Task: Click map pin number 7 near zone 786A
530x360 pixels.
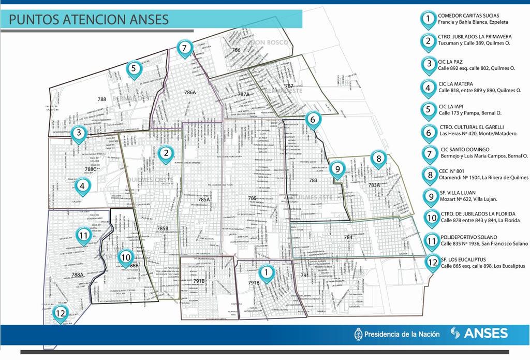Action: [184, 48]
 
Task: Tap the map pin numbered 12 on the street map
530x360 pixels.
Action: [61, 313]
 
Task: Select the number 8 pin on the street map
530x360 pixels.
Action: [378, 159]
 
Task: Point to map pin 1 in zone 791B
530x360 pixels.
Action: [266, 272]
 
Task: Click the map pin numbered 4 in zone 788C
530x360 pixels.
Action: [82, 185]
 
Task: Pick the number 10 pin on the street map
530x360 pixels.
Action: [126, 256]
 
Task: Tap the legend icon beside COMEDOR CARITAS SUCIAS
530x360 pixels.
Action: [428, 19]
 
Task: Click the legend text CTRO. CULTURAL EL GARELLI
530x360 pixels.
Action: [471, 127]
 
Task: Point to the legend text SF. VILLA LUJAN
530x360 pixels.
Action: [458, 193]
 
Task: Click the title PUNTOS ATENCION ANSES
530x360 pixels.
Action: [89, 20]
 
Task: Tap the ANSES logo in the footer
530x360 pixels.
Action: [479, 333]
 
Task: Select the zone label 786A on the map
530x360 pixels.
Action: [190, 92]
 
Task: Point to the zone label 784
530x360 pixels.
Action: [348, 238]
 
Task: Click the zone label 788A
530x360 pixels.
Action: [78, 275]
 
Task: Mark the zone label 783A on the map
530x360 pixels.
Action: [374, 185]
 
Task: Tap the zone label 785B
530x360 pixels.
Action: [163, 228]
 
